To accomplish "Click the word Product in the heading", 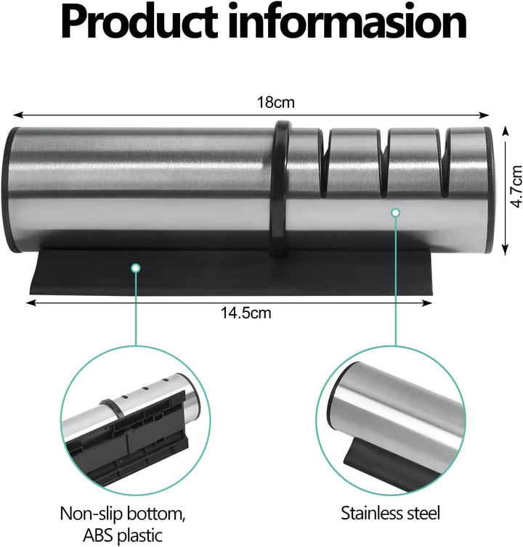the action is [x=139, y=22].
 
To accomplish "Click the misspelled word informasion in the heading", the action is [x=348, y=22].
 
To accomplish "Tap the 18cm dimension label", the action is [x=275, y=102].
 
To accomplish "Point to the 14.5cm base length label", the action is [x=246, y=313].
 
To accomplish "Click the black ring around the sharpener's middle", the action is [x=280, y=189].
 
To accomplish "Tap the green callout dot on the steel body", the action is [x=395, y=213].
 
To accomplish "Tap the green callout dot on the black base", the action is [x=136, y=268].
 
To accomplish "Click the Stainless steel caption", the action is [x=390, y=513].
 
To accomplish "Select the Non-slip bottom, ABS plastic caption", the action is [x=122, y=524].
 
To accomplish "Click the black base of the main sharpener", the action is [x=230, y=272].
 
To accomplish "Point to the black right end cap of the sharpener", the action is [x=490, y=189].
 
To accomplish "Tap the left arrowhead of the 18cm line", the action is [x=17, y=115].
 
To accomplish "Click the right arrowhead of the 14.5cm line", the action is [x=428, y=303].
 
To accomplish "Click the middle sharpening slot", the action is [x=384, y=164].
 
